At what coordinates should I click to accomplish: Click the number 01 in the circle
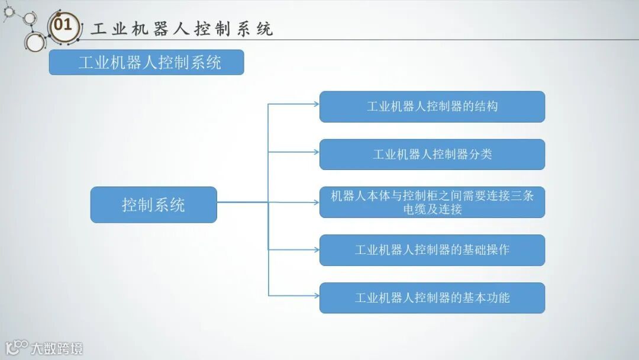tap(63, 25)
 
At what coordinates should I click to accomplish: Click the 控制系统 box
tap(153, 205)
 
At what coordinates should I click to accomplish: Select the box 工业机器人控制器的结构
tap(432, 107)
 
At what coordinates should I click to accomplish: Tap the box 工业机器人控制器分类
tap(432, 155)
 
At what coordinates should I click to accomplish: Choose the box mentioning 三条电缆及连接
tap(432, 202)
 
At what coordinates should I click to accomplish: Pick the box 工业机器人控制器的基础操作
tap(432, 250)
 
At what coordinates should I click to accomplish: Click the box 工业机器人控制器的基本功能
tap(432, 298)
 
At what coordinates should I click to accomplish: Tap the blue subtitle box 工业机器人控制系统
tap(146, 62)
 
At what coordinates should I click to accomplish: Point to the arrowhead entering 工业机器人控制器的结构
tap(316, 104)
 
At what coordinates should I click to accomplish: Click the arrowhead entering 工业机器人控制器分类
tap(316, 152)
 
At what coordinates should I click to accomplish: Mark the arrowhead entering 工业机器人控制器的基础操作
tap(316, 250)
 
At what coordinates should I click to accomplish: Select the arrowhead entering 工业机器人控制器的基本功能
tap(316, 295)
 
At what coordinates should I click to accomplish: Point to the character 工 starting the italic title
tap(98, 29)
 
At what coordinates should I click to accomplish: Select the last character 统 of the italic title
tap(265, 29)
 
